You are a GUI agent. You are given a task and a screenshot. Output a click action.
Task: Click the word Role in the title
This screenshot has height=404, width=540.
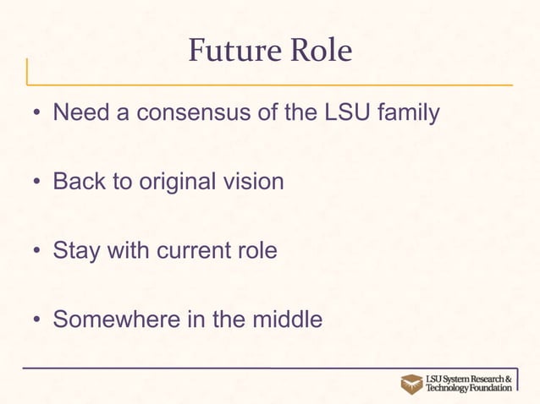tap(319, 52)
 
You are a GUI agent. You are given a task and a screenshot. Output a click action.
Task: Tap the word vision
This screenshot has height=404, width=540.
tap(255, 182)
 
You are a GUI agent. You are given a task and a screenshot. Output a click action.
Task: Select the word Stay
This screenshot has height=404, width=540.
tap(77, 252)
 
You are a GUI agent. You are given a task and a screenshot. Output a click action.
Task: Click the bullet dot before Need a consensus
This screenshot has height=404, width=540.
tap(38, 114)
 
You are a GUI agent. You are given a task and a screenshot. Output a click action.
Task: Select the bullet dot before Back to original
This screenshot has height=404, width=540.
tap(38, 183)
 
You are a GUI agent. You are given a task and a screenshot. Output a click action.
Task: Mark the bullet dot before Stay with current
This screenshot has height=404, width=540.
tap(38, 253)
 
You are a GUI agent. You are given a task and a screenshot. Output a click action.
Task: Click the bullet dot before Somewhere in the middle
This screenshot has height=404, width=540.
tap(38, 322)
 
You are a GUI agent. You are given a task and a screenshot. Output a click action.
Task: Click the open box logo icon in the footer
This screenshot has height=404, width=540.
tap(411, 383)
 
